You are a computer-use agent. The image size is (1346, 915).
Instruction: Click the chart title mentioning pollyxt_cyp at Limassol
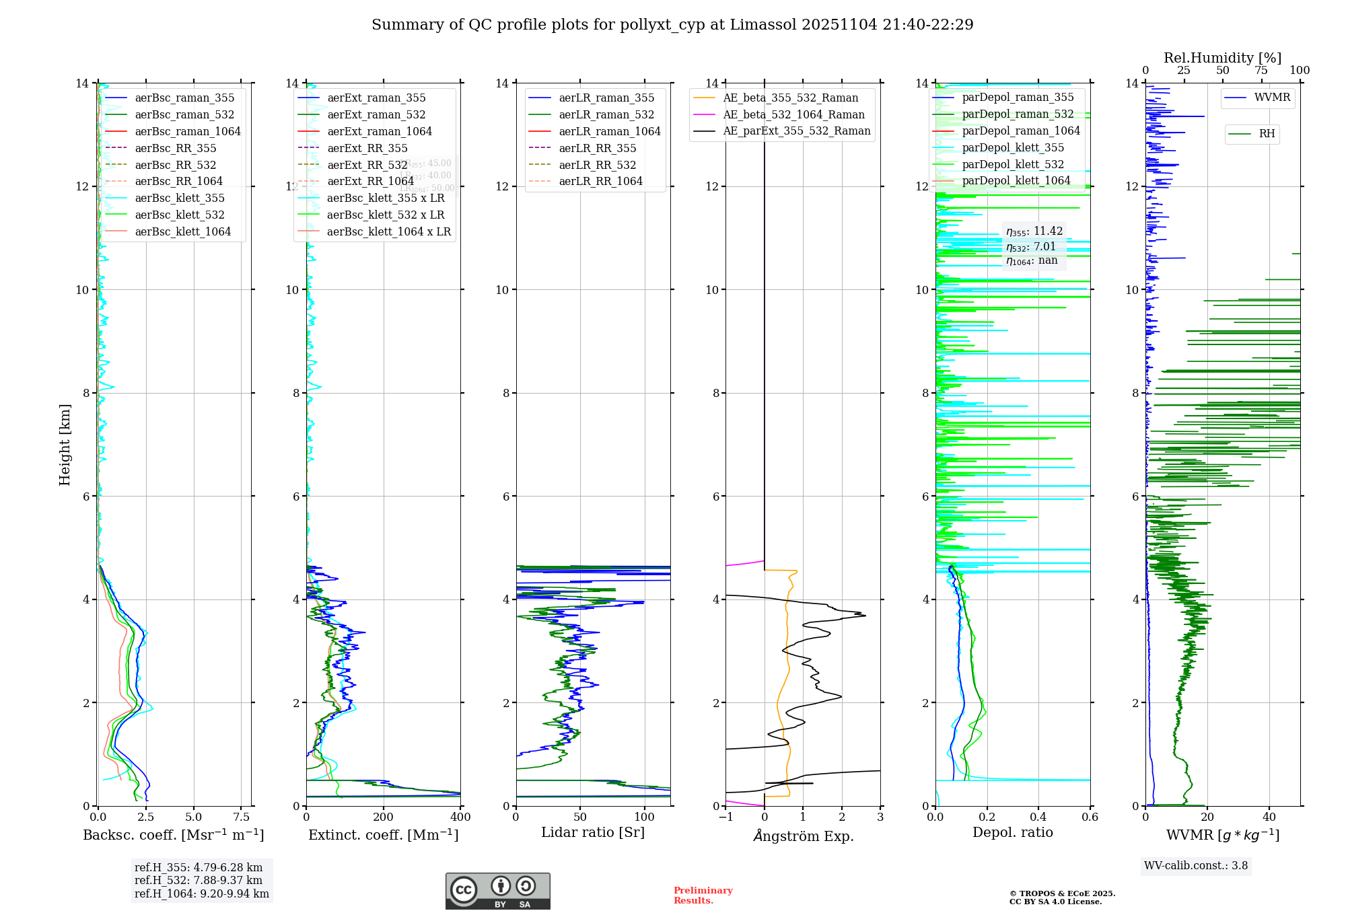[672, 25]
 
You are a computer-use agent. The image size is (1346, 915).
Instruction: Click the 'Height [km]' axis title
[65, 444]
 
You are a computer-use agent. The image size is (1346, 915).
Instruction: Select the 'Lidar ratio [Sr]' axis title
[592, 832]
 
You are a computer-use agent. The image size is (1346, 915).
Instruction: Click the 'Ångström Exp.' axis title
[803, 836]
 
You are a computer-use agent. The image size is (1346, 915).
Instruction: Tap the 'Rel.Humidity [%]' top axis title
[1222, 58]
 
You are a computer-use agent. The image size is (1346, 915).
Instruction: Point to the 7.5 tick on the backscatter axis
[242, 817]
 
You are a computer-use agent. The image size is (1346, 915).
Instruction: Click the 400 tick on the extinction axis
[461, 817]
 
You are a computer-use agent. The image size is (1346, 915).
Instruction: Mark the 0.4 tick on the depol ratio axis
[1038, 817]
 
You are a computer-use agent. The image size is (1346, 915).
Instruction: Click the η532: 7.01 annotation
[1031, 246]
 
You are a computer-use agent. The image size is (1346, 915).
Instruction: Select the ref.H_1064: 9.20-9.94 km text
[202, 893]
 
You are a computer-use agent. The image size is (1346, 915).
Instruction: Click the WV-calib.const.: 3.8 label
[1196, 865]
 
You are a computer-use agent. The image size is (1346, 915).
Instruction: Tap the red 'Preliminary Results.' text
[703, 895]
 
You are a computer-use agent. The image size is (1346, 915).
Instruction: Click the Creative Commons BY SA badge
[497, 891]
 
